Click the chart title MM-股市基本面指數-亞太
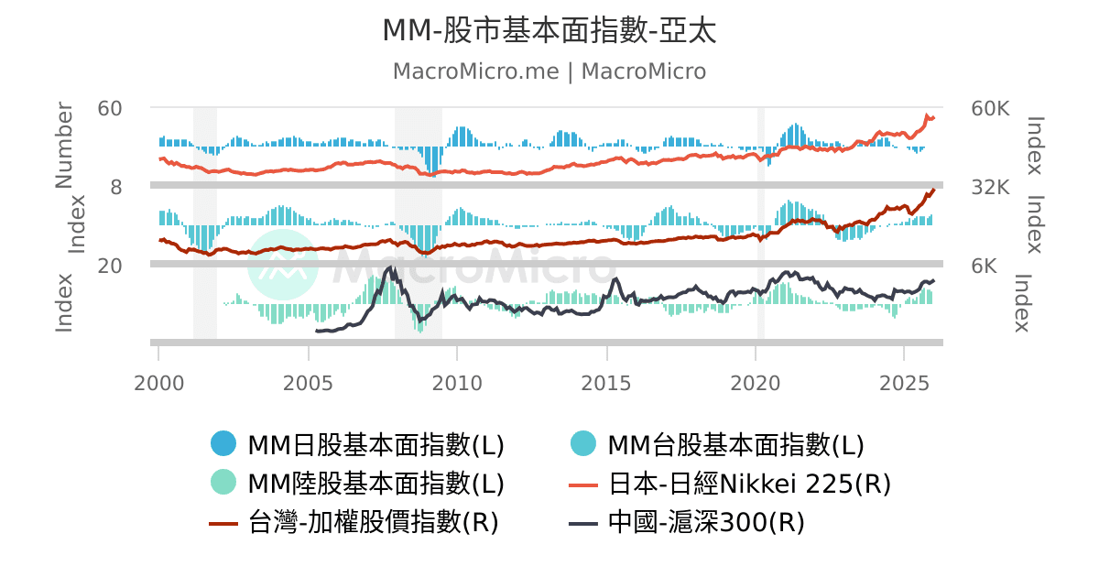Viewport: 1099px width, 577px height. pyautogui.click(x=549, y=30)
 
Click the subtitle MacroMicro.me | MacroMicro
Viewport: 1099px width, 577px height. pyautogui.click(x=549, y=71)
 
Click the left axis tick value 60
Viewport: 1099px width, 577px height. pyautogui.click(x=110, y=108)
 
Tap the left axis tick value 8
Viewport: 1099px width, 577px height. pyautogui.click(x=116, y=187)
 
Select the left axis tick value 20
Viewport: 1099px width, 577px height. pyautogui.click(x=110, y=266)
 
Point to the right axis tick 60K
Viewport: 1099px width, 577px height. pyautogui.click(x=990, y=108)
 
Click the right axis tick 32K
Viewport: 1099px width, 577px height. pyautogui.click(x=990, y=187)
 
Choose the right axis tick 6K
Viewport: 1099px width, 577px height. pyautogui.click(x=985, y=266)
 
